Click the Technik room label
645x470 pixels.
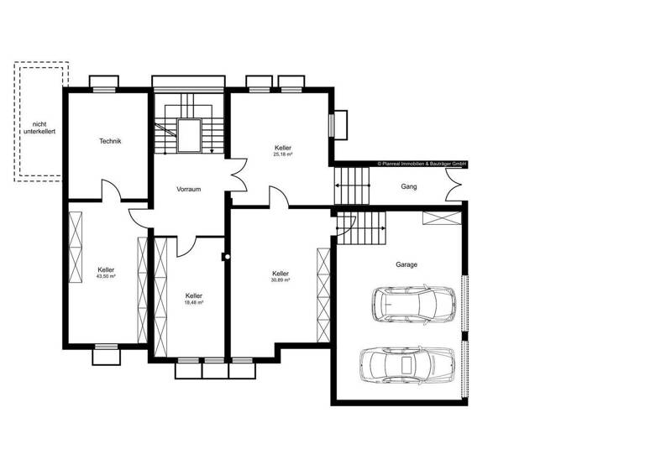click(x=110, y=141)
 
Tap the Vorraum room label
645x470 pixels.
click(x=188, y=190)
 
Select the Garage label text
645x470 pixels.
click(x=406, y=264)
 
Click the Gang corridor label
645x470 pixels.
click(x=409, y=185)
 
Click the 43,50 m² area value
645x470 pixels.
click(x=106, y=276)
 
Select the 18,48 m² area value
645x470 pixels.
click(x=194, y=303)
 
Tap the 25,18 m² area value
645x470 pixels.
click(x=282, y=155)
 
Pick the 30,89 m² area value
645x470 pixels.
click(x=281, y=280)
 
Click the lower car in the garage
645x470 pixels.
click(x=406, y=363)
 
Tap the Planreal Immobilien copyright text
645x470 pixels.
click(x=422, y=164)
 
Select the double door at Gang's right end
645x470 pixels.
click(x=456, y=185)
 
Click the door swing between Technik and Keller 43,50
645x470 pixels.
click(x=112, y=191)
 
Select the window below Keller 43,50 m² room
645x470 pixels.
click(x=107, y=355)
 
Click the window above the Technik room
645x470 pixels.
click(x=104, y=82)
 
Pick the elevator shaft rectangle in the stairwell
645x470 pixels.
click(x=189, y=135)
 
